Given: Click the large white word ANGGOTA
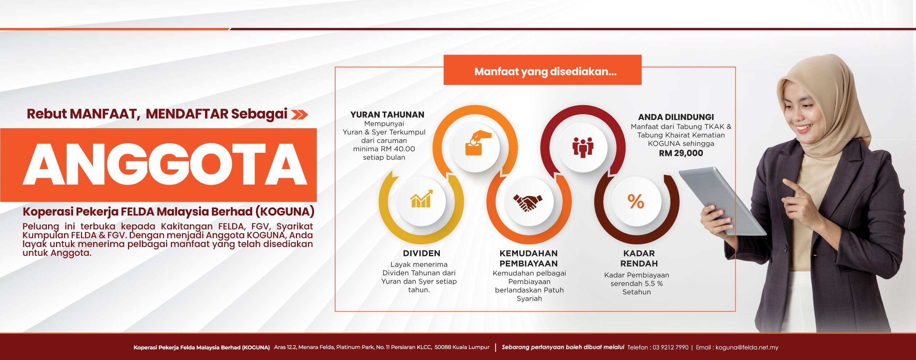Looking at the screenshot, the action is coord(165,164).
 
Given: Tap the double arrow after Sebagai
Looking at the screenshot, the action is coord(300,115).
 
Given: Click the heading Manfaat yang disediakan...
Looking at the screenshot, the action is coord(545,72).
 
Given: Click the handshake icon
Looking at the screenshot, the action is coord(528,203).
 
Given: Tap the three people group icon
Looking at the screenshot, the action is coord(583,147).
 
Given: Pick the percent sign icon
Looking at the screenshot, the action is coord(636,201).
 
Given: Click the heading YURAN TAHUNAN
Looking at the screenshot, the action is coord(387,115).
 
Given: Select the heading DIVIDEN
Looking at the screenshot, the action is coord(422,253).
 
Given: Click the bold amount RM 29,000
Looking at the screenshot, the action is coord(681,153).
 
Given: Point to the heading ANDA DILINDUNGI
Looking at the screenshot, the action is coord(676,117).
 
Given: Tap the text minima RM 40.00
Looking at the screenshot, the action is coord(384,149).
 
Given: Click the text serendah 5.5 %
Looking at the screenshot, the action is coord(636,283).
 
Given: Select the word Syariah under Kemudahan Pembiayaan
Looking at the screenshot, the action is coord(529,299).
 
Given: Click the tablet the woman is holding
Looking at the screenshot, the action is coord(722,200).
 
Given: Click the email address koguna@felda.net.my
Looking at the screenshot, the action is coord(747,347).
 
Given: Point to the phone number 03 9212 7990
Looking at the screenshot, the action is coord(670,347).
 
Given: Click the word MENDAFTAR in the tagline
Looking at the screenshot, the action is coord(187,114).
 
